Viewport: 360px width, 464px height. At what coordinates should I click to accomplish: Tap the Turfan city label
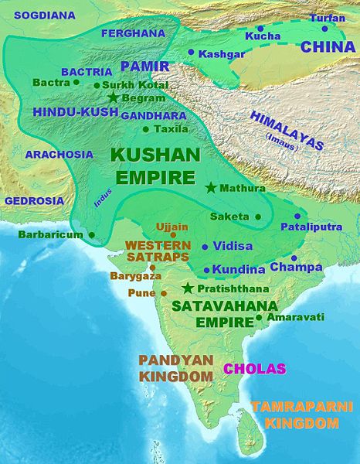(x=328, y=17)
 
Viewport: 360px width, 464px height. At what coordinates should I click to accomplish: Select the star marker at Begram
(x=114, y=98)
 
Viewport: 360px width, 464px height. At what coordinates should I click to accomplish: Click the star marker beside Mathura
(x=210, y=187)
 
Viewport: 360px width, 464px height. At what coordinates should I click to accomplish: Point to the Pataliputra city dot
(x=296, y=217)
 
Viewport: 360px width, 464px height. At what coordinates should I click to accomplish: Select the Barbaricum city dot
(x=92, y=234)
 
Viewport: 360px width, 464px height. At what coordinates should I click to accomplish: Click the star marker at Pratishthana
(x=186, y=288)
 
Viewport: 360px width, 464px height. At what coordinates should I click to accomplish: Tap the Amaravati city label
(x=295, y=317)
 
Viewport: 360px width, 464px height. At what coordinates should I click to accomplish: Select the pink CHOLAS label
(x=255, y=369)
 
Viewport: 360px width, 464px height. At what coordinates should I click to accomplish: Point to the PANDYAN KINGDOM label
(x=175, y=368)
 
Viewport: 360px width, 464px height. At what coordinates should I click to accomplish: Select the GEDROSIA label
(x=34, y=200)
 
